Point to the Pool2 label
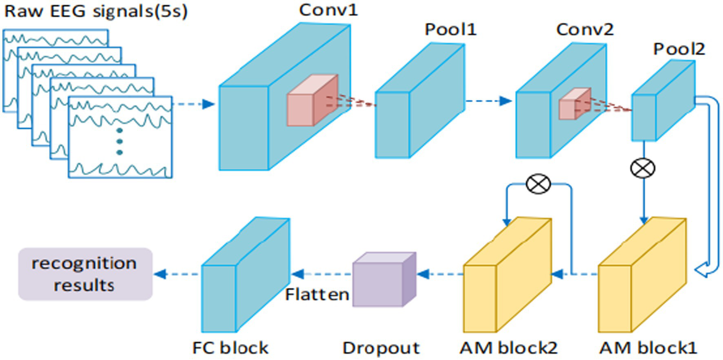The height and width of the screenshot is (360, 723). tap(679, 49)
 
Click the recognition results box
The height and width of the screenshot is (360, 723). tap(85, 274)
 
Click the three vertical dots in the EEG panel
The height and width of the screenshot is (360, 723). tap(119, 141)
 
